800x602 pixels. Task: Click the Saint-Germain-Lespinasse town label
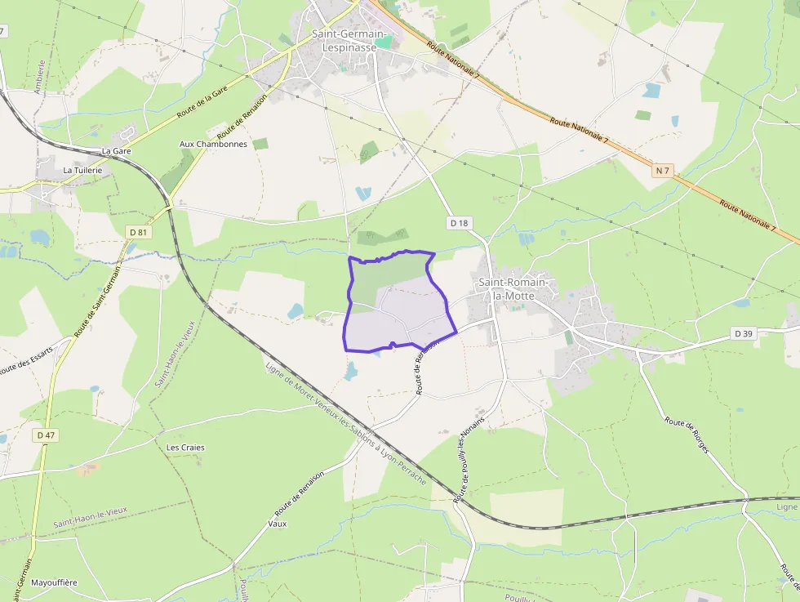(x=344, y=40)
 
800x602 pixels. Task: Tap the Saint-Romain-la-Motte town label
(x=515, y=288)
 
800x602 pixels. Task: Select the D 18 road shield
(x=460, y=222)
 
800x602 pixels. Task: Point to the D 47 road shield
(x=46, y=435)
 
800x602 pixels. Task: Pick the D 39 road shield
(x=742, y=333)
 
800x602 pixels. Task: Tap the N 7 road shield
(x=662, y=171)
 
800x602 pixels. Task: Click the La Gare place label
(x=117, y=151)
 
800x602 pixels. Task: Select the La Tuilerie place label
(x=82, y=170)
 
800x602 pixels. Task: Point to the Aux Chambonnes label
(x=213, y=144)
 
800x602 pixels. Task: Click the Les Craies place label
(x=185, y=448)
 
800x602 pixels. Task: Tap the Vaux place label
(x=278, y=524)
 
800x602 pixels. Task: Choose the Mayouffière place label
(x=54, y=582)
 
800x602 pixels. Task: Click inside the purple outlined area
(x=400, y=306)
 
